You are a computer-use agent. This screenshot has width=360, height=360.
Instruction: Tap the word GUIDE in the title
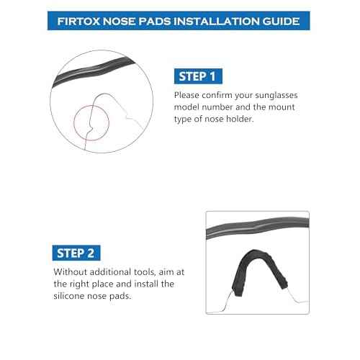click(280, 19)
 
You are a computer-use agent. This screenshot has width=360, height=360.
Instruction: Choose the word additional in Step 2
click(115, 272)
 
